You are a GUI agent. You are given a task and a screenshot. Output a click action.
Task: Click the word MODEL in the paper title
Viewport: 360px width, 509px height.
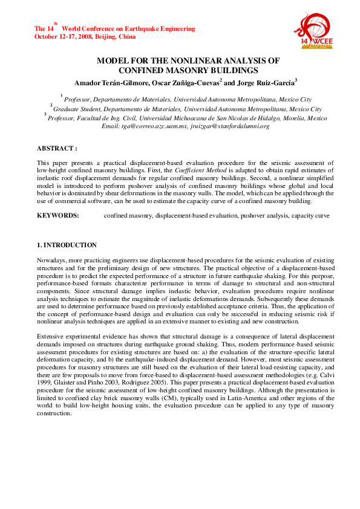pyautogui.click(x=113, y=60)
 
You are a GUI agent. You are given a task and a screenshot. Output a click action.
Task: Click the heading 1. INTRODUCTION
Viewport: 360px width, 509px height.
pyautogui.click(x=67, y=245)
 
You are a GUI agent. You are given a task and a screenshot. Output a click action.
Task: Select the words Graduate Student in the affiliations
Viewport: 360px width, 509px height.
pyautogui.click(x=75, y=109)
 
